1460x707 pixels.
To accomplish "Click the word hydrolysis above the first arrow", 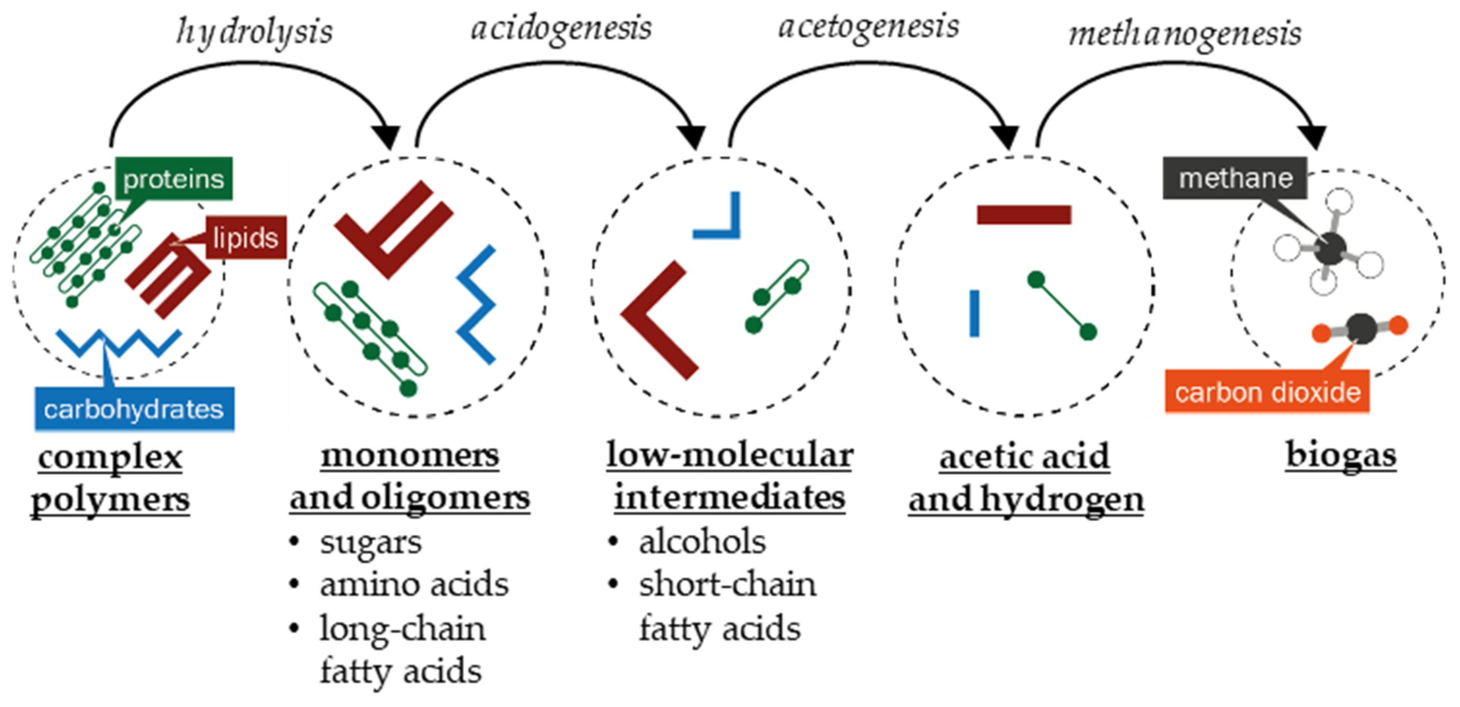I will tap(254, 31).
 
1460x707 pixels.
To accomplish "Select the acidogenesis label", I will tap(561, 28).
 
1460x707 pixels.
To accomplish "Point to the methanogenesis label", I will tap(1185, 34).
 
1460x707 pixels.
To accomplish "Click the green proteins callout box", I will tap(173, 179).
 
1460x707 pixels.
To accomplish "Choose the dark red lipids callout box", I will tap(245, 237).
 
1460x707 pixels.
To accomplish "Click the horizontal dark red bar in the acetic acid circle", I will tap(1024, 215).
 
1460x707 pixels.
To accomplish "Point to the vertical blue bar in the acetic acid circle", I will tap(974, 313).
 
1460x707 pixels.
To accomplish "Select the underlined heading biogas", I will tap(1340, 455).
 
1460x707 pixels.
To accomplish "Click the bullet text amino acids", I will tap(414, 585).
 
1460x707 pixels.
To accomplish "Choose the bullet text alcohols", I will tap(702, 542).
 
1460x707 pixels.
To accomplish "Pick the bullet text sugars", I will tap(371, 542).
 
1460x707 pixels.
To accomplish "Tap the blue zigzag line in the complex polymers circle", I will tap(119, 342).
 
